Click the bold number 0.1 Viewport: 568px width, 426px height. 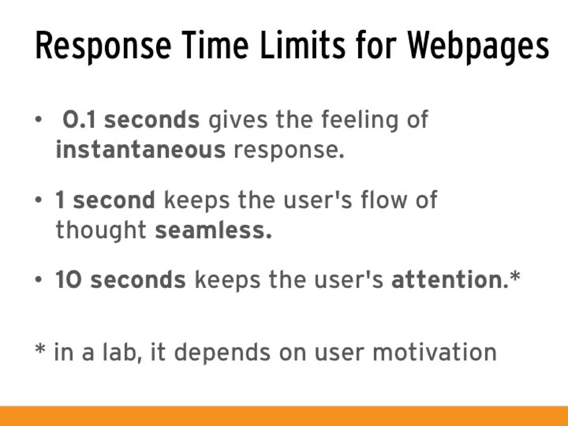tap(79, 120)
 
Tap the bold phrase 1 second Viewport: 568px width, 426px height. tap(105, 200)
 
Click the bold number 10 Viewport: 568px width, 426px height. tap(68, 280)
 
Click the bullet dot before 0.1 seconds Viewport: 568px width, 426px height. tap(38, 120)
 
